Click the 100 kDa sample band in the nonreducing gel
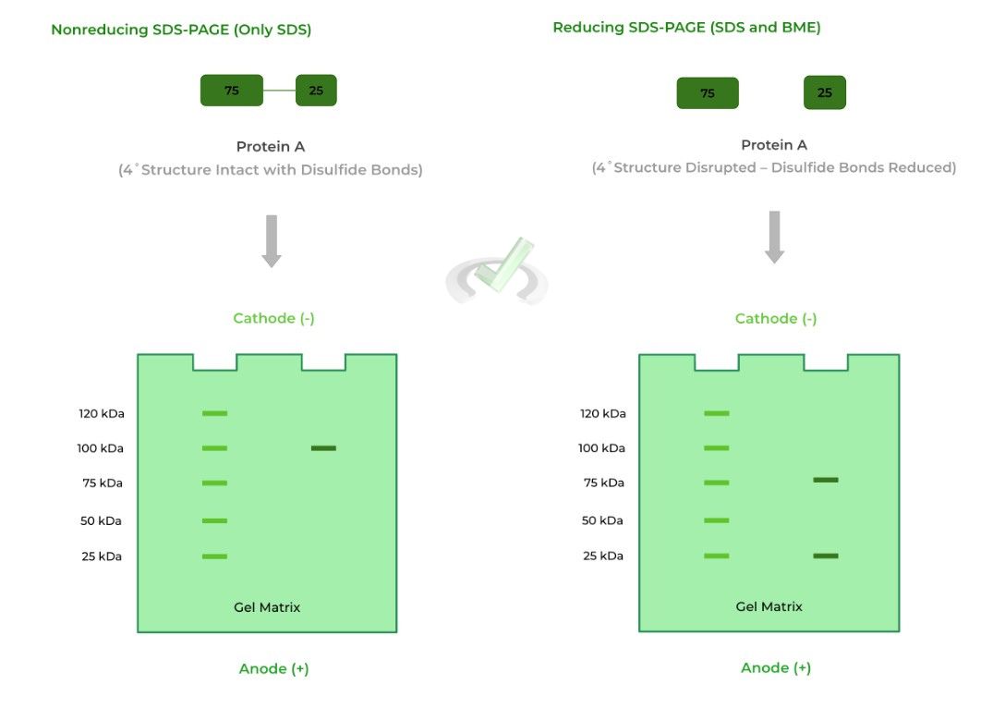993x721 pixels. point(323,448)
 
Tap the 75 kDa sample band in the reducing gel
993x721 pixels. point(825,480)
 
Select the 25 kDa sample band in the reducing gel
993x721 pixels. point(825,556)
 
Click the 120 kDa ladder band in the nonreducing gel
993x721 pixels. point(214,413)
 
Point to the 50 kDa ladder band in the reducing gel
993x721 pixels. point(716,520)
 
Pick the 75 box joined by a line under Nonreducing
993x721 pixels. point(232,91)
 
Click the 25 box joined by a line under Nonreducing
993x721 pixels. point(316,91)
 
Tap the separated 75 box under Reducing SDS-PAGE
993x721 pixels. point(708,93)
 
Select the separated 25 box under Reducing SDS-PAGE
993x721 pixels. point(825,92)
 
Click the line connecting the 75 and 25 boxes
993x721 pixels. point(279,91)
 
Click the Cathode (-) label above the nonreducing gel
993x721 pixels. point(273,318)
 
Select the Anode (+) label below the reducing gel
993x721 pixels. point(776,667)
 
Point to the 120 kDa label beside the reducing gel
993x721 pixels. point(602,413)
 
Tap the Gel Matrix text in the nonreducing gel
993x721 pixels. point(267,607)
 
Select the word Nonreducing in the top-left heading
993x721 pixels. point(99,30)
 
